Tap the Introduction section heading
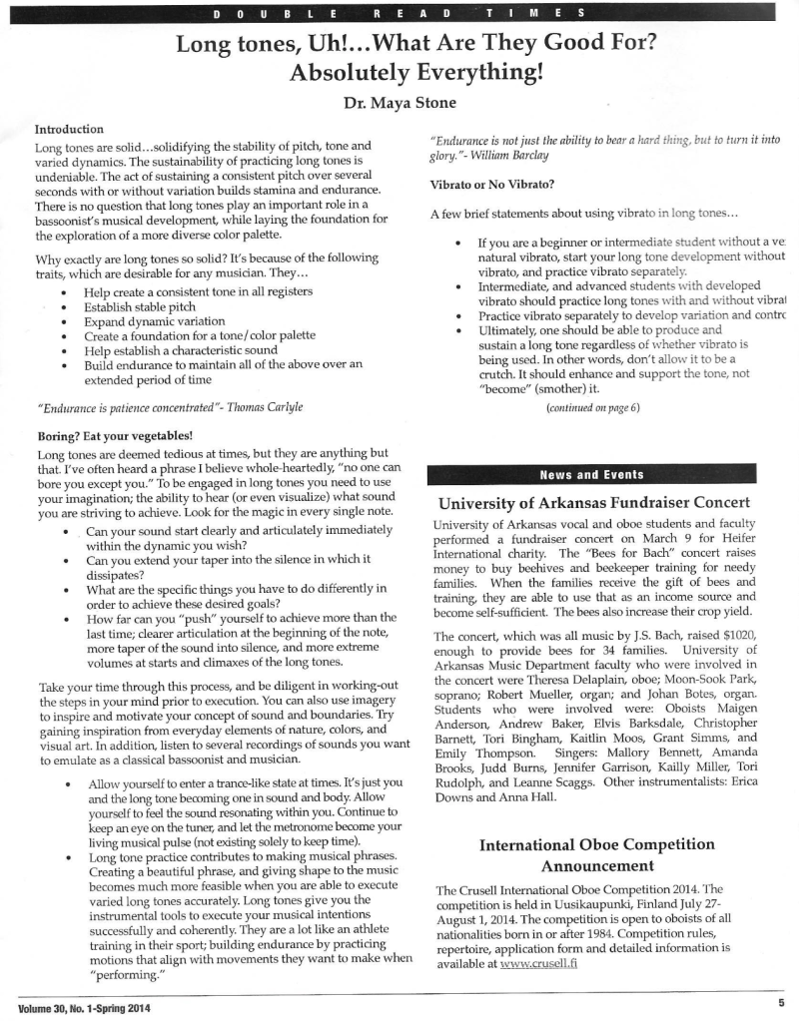point(69,130)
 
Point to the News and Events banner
point(591,474)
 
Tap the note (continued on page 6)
point(593,408)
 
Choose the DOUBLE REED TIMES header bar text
point(399,14)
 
